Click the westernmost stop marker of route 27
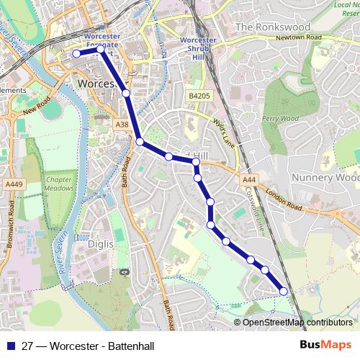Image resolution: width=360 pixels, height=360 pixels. [x=76, y=53]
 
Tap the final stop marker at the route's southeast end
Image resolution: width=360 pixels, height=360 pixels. [x=284, y=291]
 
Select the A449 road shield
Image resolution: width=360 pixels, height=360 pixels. [x=14, y=184]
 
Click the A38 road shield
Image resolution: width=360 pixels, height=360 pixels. [x=122, y=125]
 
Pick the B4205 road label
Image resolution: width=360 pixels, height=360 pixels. [x=199, y=95]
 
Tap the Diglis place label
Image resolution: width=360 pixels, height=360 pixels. [x=101, y=244]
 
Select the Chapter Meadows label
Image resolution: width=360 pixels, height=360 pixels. [x=60, y=184]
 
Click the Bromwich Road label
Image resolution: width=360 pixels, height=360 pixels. [x=11, y=228]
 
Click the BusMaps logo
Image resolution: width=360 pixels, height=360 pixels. [x=325, y=345]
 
